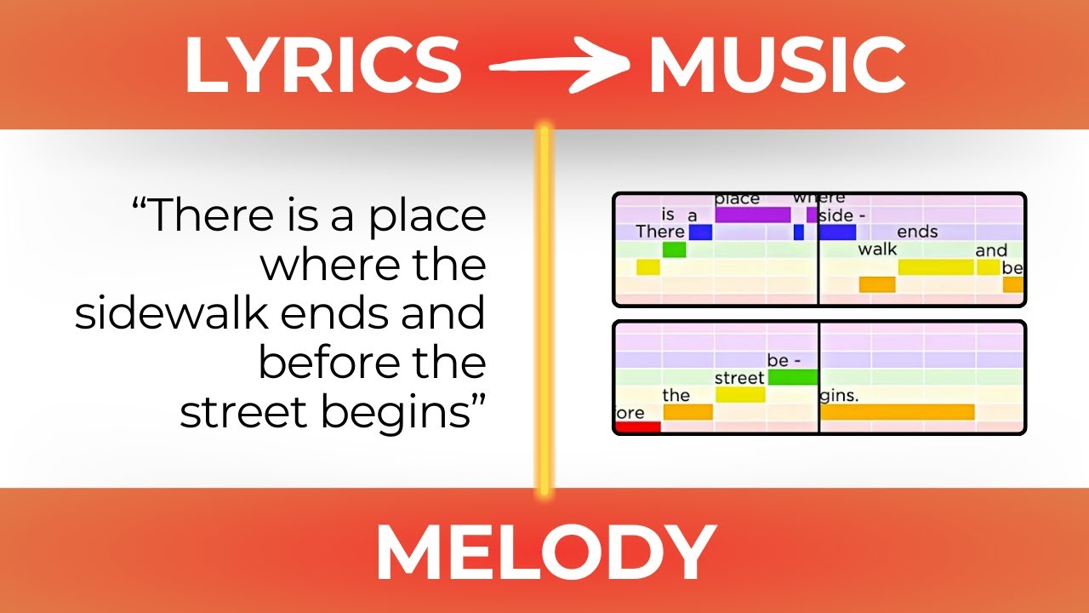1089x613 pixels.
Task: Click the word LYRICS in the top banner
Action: pyautogui.click(x=323, y=66)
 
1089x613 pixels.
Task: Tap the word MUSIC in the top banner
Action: pyautogui.click(x=776, y=66)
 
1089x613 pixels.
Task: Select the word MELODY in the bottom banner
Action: pyautogui.click(x=544, y=552)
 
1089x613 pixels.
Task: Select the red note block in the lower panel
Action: pyautogui.click(x=637, y=427)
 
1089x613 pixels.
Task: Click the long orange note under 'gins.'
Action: pyautogui.click(x=897, y=412)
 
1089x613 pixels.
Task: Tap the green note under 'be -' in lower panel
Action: pyautogui.click(x=792, y=377)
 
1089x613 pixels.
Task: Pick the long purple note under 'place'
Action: pyautogui.click(x=753, y=215)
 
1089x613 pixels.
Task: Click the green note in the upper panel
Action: pyautogui.click(x=674, y=249)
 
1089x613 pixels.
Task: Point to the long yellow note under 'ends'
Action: pyautogui.click(x=935, y=267)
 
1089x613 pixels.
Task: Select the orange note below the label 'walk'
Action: pyautogui.click(x=877, y=284)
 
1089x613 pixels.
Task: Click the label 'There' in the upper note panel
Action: pyautogui.click(x=660, y=232)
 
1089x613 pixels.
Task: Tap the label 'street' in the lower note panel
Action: pyautogui.click(x=739, y=377)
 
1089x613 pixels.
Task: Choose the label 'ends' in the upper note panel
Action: pyautogui.click(x=917, y=232)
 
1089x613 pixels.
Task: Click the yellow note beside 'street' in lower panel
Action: pyautogui.click(x=740, y=394)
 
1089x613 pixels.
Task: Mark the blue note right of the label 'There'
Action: pyautogui.click(x=699, y=232)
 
